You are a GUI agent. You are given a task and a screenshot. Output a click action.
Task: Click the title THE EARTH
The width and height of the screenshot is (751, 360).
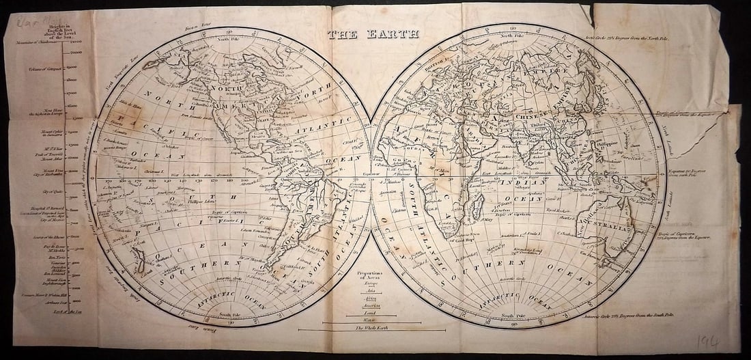(x=373, y=34)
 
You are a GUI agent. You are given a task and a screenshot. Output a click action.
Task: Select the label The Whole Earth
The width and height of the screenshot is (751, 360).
(x=371, y=328)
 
